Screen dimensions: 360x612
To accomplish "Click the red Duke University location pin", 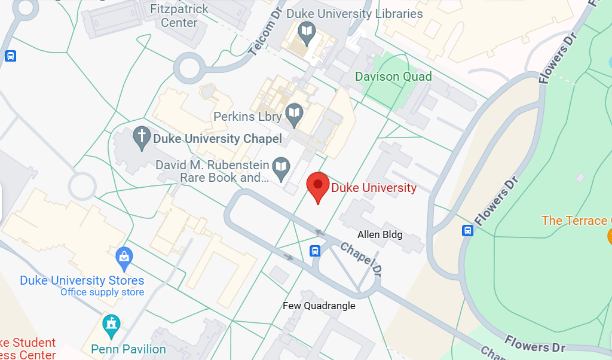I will pos(318,185).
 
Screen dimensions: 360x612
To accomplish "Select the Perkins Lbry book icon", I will pos(294,114).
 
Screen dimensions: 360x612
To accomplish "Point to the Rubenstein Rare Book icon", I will pos(280,166).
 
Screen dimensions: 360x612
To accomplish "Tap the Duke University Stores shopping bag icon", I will pos(124,257).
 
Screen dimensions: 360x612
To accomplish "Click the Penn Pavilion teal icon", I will pos(111,325).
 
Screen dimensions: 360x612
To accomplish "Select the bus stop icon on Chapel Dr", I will pos(315,251).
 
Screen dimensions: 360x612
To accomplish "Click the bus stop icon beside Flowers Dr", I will pos(468,230).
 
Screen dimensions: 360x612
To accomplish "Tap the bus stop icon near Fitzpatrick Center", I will pos(10,56).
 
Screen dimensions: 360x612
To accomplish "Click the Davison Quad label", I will pos(393,77).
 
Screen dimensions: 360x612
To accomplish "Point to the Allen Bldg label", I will pos(380,234).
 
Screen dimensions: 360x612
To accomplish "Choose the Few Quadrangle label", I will pos(319,306).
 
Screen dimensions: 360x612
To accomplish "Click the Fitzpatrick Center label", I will pos(179,16).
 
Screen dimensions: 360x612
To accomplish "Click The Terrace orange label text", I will pos(574,221).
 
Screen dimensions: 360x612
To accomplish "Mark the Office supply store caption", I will pos(102,292).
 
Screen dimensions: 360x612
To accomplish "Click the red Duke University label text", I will pos(374,188).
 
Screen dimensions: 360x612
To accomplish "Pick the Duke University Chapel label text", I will pos(218,139).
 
